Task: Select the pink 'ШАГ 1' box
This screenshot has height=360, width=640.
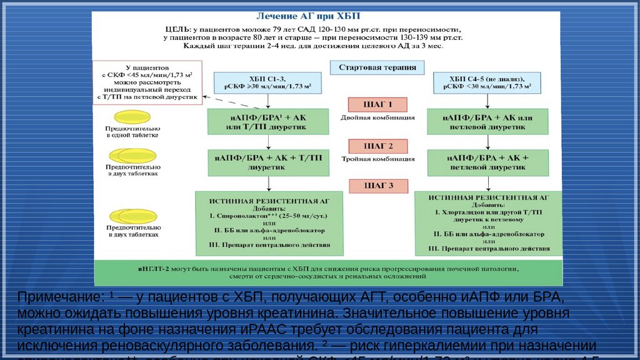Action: pyautogui.click(x=377, y=105)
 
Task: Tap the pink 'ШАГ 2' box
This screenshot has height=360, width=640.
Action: pyautogui.click(x=377, y=146)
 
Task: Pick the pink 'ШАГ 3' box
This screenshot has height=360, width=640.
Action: pyautogui.click(x=377, y=186)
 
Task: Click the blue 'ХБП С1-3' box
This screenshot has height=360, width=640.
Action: pyautogui.click(x=268, y=82)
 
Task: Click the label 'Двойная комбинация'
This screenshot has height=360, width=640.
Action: pyautogui.click(x=377, y=118)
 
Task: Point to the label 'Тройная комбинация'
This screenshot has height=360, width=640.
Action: pyautogui.click(x=377, y=159)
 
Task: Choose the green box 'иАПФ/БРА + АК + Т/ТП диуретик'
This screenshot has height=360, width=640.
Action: pyautogui.click(x=268, y=162)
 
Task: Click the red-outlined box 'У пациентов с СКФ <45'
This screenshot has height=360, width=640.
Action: pyautogui.click(x=147, y=82)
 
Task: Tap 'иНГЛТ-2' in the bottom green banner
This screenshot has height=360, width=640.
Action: pyautogui.click(x=154, y=267)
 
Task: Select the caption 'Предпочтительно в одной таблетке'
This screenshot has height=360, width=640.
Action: pyautogui.click(x=132, y=131)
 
